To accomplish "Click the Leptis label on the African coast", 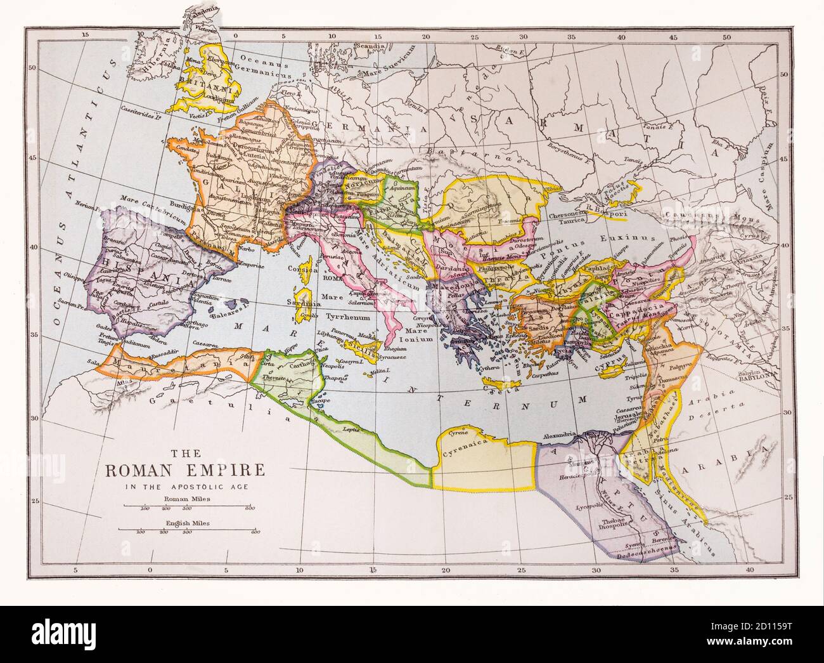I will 351,430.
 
